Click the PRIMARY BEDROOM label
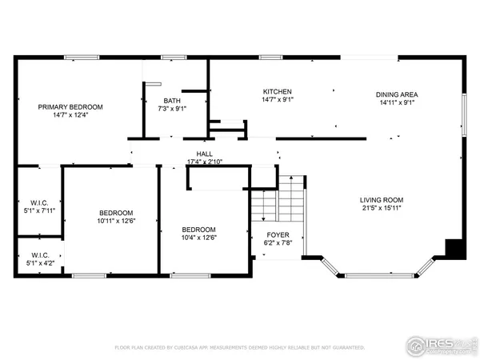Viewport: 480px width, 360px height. pyautogui.click(x=71, y=106)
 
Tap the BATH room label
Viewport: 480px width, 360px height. pyautogui.click(x=172, y=100)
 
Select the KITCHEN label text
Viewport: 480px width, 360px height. pyautogui.click(x=278, y=92)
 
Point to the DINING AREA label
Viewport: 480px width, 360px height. pyautogui.click(x=397, y=94)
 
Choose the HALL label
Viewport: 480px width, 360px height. pyautogui.click(x=204, y=154)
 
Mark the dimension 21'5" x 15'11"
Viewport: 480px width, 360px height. pyautogui.click(x=381, y=208)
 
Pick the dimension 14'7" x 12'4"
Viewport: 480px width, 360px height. pyautogui.click(x=71, y=115)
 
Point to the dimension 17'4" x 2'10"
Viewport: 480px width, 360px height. pyautogui.click(x=204, y=162)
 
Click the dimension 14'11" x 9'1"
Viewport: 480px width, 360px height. pyautogui.click(x=397, y=102)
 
